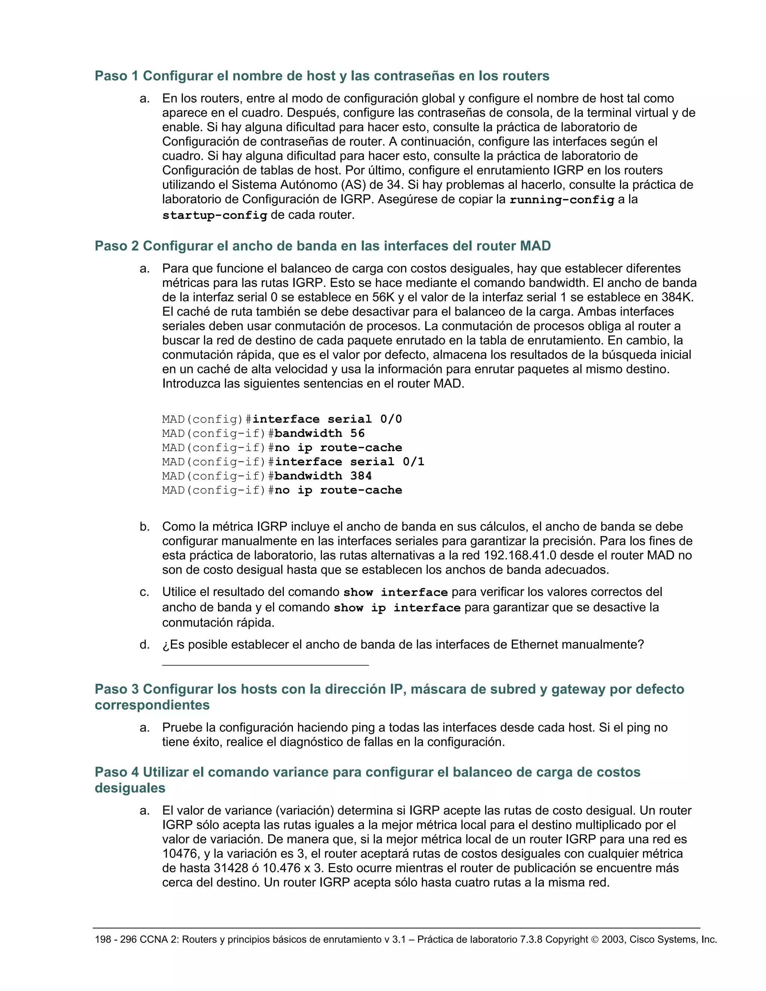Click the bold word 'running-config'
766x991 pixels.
[562, 200]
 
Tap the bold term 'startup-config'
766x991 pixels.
[215, 215]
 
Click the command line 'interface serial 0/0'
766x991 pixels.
[327, 419]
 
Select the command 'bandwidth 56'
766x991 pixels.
[319, 433]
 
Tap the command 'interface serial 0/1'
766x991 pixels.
[349, 461]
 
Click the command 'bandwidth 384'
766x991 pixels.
[323, 476]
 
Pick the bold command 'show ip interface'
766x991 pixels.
[397, 608]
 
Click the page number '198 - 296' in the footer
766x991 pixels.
[116, 939]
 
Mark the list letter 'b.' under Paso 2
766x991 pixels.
[145, 527]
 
